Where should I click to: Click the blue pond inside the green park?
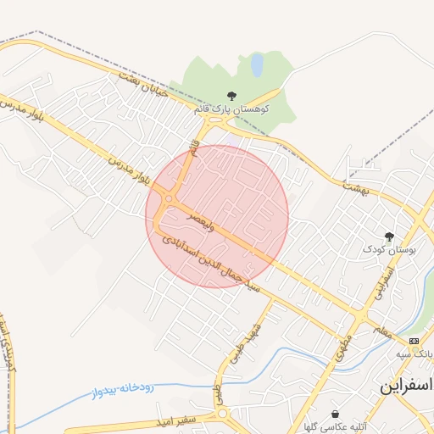[257, 64]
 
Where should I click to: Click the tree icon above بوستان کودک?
[390, 236]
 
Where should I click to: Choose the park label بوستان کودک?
[390, 249]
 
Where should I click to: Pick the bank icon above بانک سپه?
[414, 340]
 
